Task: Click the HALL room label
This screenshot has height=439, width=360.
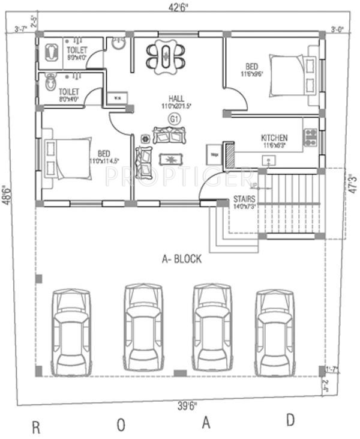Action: click(176, 98)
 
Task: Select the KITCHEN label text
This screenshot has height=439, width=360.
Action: click(274, 138)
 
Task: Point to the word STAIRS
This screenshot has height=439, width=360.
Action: click(244, 199)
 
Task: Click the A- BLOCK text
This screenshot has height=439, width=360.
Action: click(182, 259)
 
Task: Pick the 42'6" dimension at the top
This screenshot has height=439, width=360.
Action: click(180, 8)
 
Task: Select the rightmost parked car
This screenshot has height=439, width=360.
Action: click(275, 332)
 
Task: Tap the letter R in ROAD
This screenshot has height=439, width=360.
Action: click(35, 428)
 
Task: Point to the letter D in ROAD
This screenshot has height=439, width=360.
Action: click(290, 420)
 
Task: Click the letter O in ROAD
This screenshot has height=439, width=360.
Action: click(121, 425)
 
